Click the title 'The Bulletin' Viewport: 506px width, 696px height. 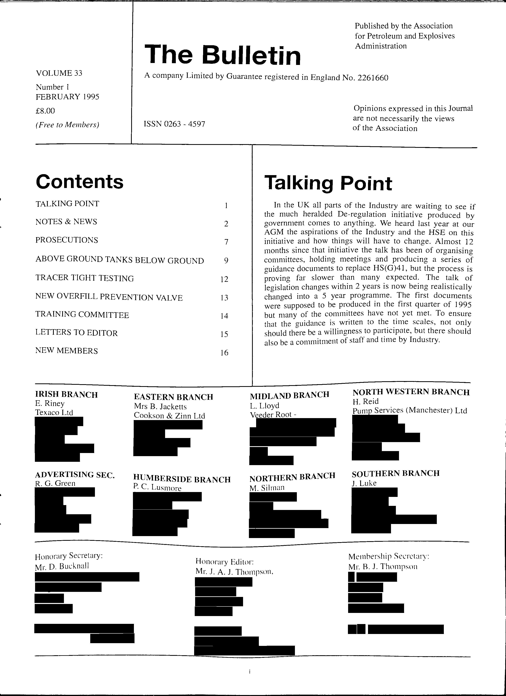pos(223,55)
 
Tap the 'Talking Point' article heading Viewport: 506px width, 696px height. pos(328,184)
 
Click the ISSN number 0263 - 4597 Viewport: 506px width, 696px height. pos(174,124)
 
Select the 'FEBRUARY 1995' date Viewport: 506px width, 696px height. pos(67,97)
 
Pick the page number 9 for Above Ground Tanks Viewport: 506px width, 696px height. pos(226,261)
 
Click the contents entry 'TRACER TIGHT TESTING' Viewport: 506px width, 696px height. pos(85,278)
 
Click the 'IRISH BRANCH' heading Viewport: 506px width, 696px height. pos(66,395)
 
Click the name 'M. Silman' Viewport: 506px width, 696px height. pos(267,488)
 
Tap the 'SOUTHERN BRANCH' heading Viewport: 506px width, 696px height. pos(396,473)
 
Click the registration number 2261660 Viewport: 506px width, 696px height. pos(373,78)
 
